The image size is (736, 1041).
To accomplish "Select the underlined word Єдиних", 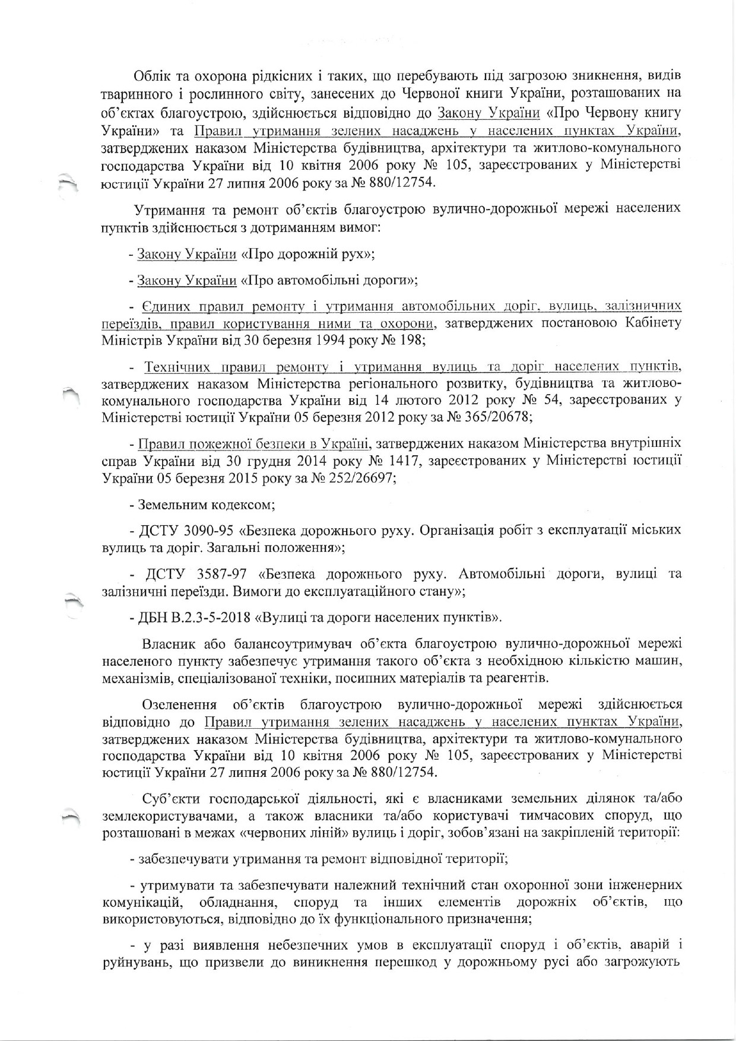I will click(x=164, y=306).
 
